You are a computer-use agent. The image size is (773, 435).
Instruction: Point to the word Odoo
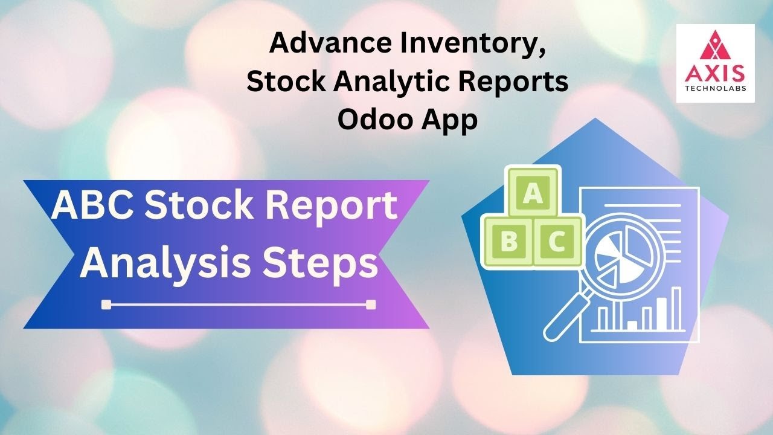tap(374, 119)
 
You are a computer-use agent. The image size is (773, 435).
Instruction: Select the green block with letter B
tap(508, 242)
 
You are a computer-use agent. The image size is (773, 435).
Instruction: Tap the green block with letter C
tap(556, 242)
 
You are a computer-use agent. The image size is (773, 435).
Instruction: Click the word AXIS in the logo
tap(715, 72)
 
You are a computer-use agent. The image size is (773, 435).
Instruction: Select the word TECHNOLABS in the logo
tap(715, 88)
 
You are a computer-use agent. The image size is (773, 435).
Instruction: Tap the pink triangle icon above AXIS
tap(715, 47)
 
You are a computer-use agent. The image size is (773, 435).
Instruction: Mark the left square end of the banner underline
tap(107, 304)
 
